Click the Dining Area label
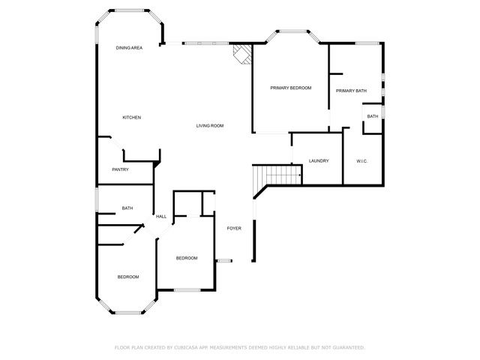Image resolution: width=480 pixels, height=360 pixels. (x=129, y=48)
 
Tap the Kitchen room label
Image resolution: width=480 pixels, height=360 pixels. (x=132, y=118)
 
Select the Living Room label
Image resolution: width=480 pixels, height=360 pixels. (x=210, y=126)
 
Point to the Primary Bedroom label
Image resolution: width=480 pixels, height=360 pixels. (x=290, y=88)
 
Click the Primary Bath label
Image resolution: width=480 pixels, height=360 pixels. (x=351, y=91)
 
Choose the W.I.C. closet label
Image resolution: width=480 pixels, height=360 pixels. (x=361, y=161)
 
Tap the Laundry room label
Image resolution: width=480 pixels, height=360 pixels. (x=319, y=161)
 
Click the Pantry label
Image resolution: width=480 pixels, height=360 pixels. (x=120, y=169)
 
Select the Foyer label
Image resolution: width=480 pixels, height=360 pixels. (x=234, y=228)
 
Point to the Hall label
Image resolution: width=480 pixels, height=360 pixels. (x=160, y=217)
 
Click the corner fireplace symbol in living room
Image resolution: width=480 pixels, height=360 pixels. (x=241, y=54)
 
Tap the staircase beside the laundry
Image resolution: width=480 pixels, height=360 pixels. (x=276, y=175)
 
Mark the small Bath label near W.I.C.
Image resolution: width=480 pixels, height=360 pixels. (x=372, y=116)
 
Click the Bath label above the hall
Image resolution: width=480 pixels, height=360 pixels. (x=127, y=208)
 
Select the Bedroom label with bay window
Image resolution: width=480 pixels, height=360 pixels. (x=127, y=277)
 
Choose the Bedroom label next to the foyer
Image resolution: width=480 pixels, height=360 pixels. (x=186, y=259)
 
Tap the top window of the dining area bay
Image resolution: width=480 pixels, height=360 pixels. (x=129, y=10)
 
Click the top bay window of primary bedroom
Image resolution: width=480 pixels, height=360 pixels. (x=292, y=31)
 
